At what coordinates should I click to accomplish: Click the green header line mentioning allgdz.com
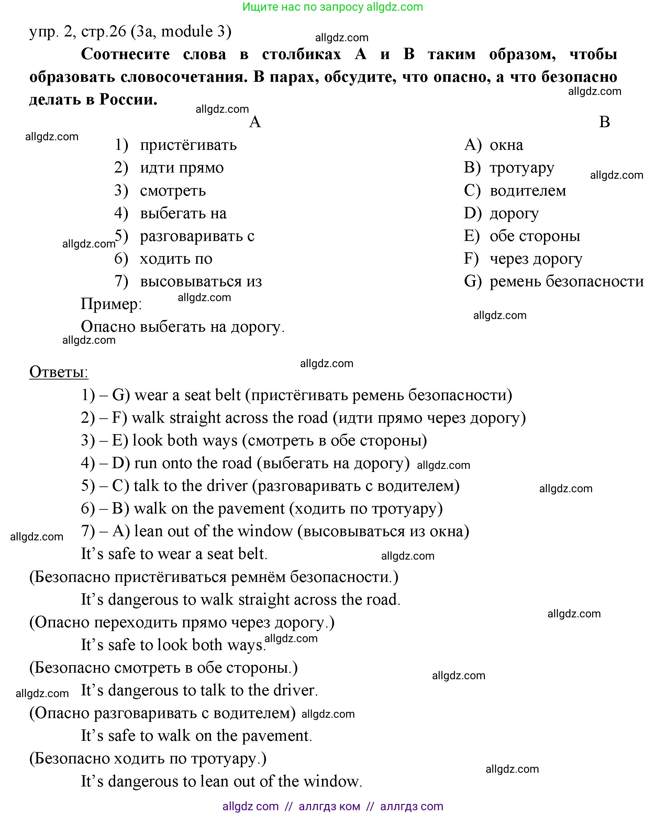click(x=332, y=7)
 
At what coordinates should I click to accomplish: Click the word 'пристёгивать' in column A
click(x=188, y=145)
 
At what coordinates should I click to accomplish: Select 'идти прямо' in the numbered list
click(x=181, y=168)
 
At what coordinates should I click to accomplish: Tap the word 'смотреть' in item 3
click(x=173, y=191)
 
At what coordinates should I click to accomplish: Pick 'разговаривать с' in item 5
click(x=197, y=236)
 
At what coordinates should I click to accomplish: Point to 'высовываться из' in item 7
click(x=201, y=282)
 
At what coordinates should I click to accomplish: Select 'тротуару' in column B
click(x=521, y=168)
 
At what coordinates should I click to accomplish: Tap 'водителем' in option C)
click(x=528, y=191)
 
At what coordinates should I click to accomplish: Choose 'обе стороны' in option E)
click(x=534, y=236)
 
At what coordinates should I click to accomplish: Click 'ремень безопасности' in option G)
click(x=566, y=282)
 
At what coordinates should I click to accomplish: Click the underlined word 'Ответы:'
click(x=59, y=372)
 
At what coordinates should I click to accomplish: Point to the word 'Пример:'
click(x=111, y=304)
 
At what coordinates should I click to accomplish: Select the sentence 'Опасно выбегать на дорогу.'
click(x=182, y=327)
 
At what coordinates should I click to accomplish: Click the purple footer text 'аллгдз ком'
click(x=329, y=806)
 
